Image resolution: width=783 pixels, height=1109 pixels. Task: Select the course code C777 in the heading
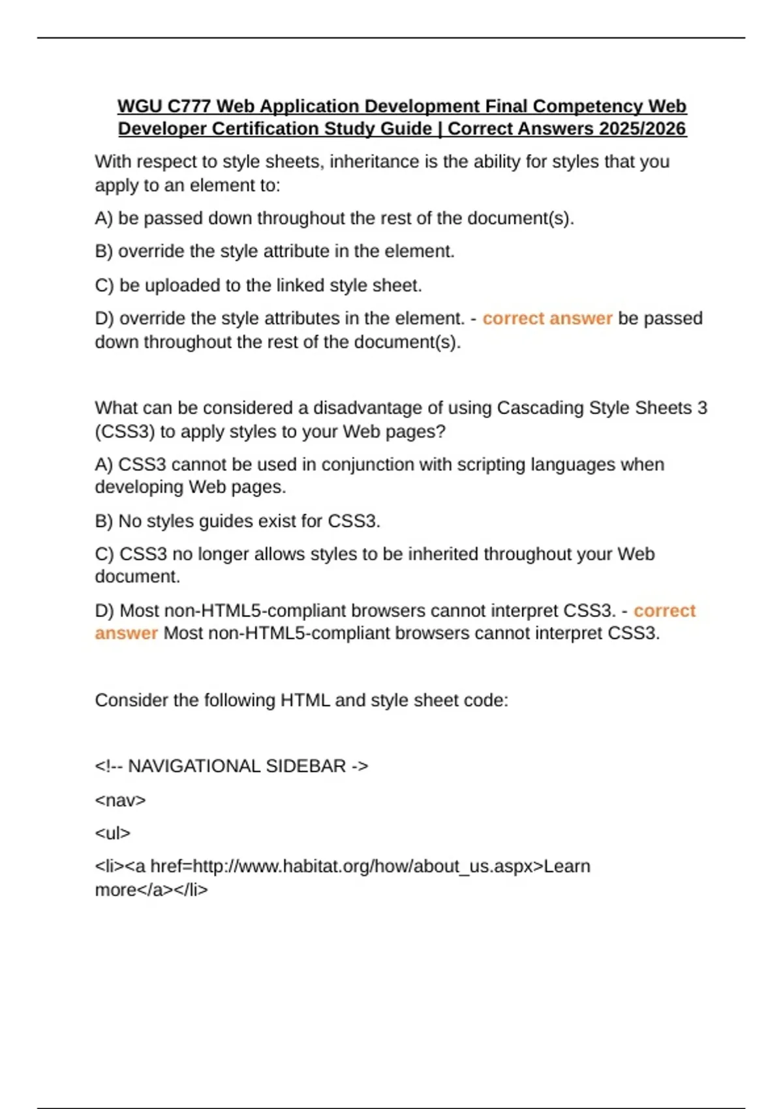pos(189,106)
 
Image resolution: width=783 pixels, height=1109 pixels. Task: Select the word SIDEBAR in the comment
pos(305,766)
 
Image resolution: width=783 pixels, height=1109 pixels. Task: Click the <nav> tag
pos(120,800)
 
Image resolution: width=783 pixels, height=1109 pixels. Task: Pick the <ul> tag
pos(112,833)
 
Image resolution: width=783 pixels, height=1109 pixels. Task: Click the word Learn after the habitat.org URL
pos(567,866)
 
